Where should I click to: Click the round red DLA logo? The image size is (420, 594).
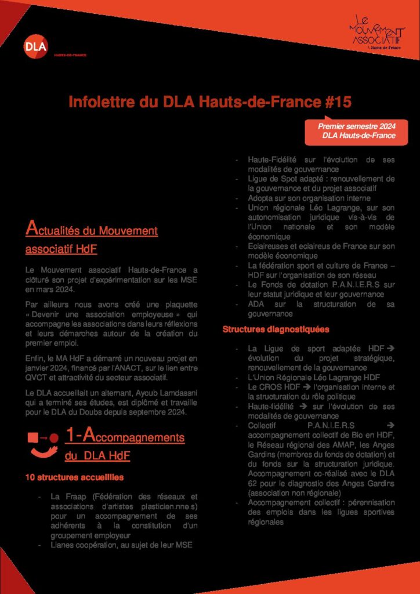(36, 46)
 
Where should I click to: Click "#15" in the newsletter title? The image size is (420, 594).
(336, 103)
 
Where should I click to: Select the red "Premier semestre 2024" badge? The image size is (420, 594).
(356, 131)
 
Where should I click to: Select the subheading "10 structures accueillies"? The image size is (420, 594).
(74, 477)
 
